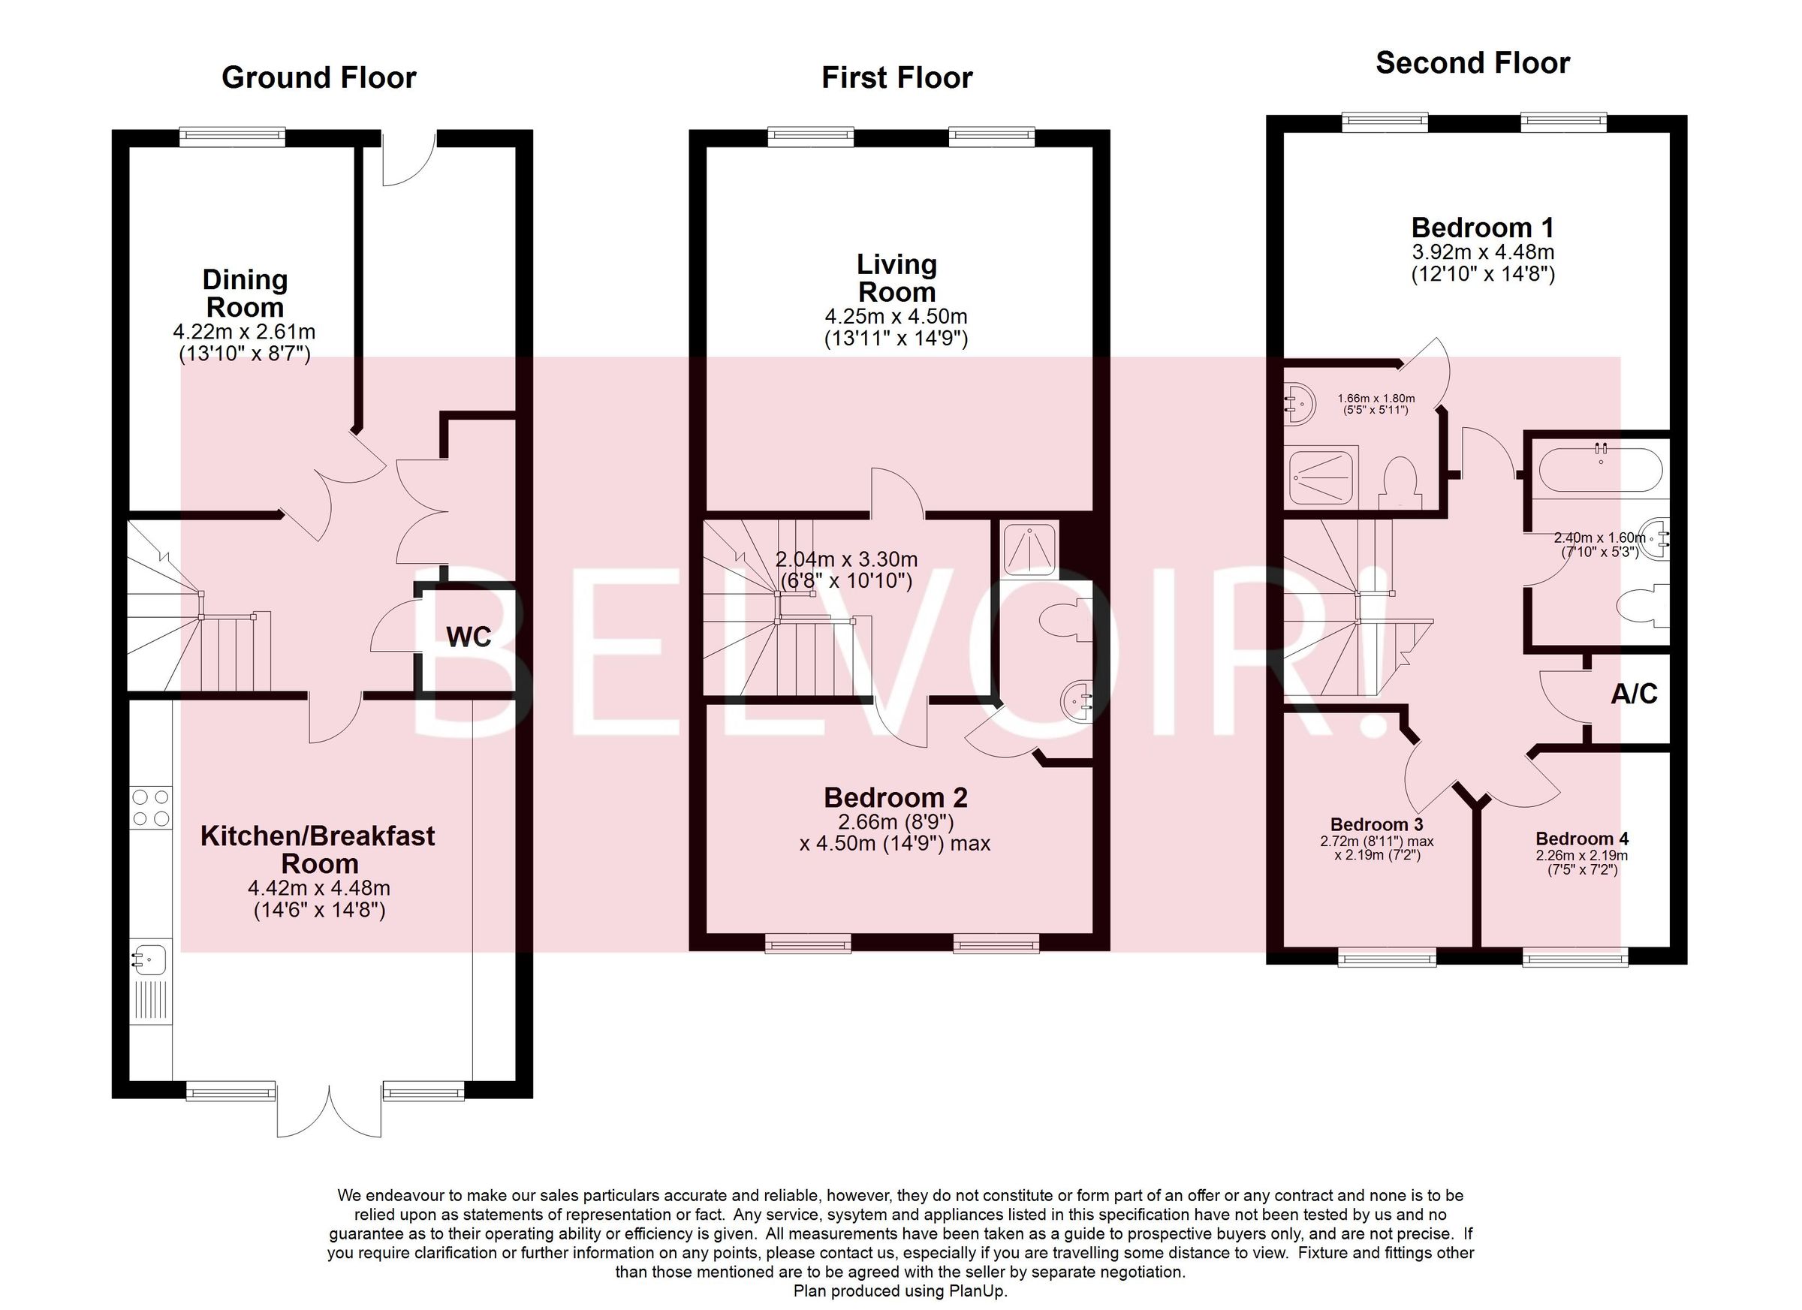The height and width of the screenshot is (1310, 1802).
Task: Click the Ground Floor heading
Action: (318, 78)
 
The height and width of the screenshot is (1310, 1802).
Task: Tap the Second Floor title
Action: (1472, 64)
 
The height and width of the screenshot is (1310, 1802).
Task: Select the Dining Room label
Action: (245, 293)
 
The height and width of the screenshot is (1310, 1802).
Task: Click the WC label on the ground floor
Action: (468, 637)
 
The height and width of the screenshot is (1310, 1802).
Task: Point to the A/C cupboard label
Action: (1634, 694)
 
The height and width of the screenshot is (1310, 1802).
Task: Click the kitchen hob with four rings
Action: (151, 806)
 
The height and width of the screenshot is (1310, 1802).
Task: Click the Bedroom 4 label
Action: (1582, 839)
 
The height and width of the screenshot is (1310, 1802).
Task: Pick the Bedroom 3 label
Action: (1376, 824)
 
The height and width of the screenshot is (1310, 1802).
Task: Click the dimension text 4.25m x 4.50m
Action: (896, 317)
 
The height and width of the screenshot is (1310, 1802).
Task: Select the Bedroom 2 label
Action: (896, 797)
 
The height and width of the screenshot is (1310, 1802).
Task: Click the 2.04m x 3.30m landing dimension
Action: (846, 559)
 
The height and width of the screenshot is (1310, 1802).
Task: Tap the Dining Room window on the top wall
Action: (232, 137)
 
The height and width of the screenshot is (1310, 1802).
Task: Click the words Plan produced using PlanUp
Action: (900, 1291)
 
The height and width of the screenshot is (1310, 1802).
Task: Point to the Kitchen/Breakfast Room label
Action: (318, 849)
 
